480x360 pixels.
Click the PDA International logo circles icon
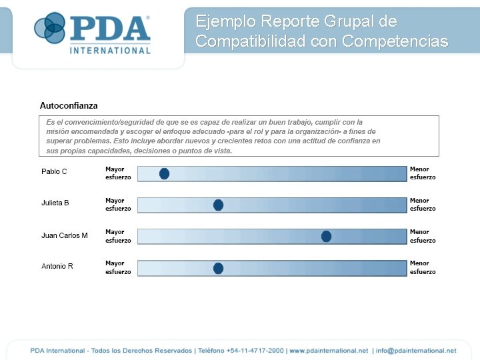tap(49, 28)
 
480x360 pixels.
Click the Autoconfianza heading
tap(69, 106)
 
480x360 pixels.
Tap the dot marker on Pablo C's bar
tap(164, 174)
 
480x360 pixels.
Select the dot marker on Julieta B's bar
tap(218, 205)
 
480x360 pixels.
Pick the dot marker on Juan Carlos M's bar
tap(326, 236)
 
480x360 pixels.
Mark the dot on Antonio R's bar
tap(218, 269)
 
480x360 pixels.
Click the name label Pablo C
tap(54, 172)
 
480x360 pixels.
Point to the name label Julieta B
tap(55, 203)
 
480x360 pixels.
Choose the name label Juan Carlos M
tap(65, 235)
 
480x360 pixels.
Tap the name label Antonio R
tap(57, 267)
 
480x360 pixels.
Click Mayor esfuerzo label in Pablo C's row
tap(118, 173)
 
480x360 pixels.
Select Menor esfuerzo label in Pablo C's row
tap(423, 173)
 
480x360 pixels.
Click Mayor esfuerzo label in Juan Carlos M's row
tap(118, 236)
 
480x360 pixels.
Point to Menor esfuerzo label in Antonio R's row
tap(423, 267)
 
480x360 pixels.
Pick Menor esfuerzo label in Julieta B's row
tap(423, 205)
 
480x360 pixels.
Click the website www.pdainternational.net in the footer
tap(329, 351)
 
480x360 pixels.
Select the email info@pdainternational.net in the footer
tap(416, 351)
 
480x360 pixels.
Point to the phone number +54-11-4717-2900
tap(255, 351)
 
